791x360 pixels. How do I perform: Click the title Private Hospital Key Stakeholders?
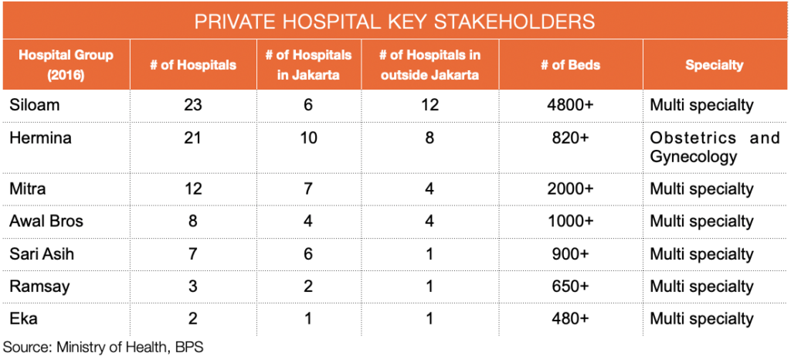(x=395, y=22)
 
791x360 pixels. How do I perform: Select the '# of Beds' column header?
(x=570, y=65)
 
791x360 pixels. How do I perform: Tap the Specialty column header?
(x=714, y=65)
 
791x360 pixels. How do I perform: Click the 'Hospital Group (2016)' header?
(x=66, y=65)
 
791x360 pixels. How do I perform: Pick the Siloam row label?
(x=34, y=105)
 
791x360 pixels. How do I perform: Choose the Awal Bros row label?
(x=46, y=222)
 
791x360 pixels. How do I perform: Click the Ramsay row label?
(x=39, y=287)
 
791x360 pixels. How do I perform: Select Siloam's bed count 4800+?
(x=570, y=105)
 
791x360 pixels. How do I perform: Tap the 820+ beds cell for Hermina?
(x=570, y=138)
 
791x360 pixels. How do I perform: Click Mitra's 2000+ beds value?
(x=570, y=189)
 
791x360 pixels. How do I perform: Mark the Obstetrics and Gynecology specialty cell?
(x=715, y=148)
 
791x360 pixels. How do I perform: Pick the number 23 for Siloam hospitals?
(x=192, y=105)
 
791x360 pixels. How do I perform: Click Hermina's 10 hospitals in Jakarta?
(x=308, y=138)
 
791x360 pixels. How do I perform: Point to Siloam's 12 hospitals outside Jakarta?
(x=429, y=105)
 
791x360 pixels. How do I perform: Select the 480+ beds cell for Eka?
(x=570, y=318)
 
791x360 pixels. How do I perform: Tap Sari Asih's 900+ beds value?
(x=570, y=254)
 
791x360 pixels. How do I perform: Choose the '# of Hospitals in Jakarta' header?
(x=308, y=65)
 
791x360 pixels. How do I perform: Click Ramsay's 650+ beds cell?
(x=570, y=287)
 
